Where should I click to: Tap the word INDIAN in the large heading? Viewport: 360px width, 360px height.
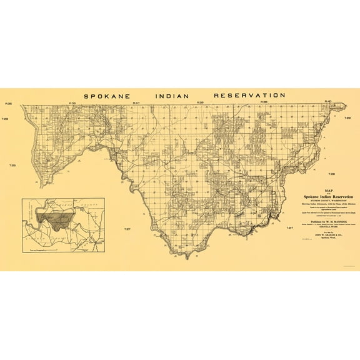tap(176, 96)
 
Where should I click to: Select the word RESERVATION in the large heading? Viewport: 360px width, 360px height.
tap(249, 96)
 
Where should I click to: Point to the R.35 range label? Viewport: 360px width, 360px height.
tap(26, 103)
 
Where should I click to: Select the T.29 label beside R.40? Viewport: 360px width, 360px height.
tap(347, 117)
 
